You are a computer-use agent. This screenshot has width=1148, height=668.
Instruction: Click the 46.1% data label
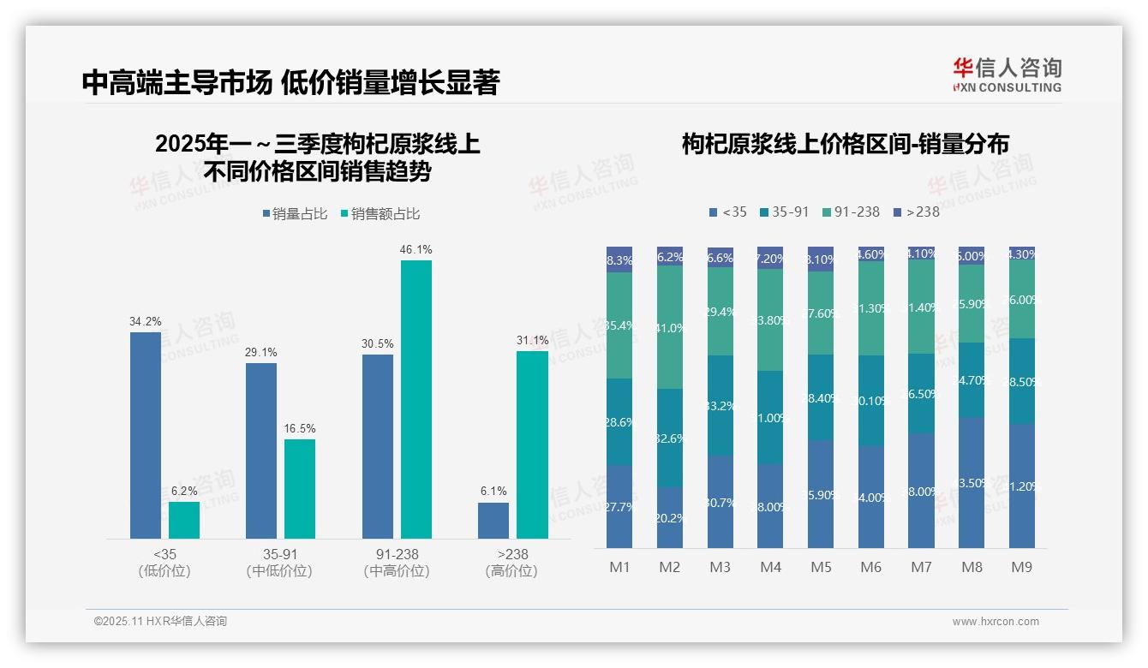[x=416, y=249]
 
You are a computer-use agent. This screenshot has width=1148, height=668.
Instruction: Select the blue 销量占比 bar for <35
[x=146, y=435]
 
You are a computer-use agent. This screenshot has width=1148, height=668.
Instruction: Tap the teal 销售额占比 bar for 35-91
[x=300, y=489]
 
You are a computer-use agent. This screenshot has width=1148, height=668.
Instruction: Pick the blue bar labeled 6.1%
[x=493, y=521]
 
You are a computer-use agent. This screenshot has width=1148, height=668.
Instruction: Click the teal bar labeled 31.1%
[x=532, y=444]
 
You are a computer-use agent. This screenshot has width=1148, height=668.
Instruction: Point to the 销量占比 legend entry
[x=296, y=214]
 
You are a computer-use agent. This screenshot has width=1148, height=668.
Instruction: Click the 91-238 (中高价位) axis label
[x=397, y=563]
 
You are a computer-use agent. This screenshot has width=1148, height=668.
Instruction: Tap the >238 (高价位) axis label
[x=512, y=563]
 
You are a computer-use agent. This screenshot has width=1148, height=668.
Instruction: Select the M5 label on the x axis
[x=821, y=567]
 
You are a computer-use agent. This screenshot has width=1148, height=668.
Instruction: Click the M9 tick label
[x=1021, y=567]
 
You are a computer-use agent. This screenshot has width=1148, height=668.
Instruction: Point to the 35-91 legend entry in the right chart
[x=784, y=212]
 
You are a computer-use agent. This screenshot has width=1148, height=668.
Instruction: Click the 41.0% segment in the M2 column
[x=670, y=327]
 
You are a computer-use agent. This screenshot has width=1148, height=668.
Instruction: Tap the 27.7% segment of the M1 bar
[x=619, y=507]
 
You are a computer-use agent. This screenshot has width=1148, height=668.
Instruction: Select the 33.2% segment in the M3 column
[x=720, y=405]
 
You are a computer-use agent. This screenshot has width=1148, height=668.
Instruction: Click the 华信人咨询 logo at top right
[x=1007, y=74]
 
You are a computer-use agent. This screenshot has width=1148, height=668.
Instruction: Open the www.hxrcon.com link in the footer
[x=996, y=622]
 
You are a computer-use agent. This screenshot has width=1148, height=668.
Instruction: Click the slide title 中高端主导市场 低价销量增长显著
[x=290, y=83]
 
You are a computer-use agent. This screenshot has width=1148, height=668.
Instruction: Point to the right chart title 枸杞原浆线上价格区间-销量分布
[x=845, y=144]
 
